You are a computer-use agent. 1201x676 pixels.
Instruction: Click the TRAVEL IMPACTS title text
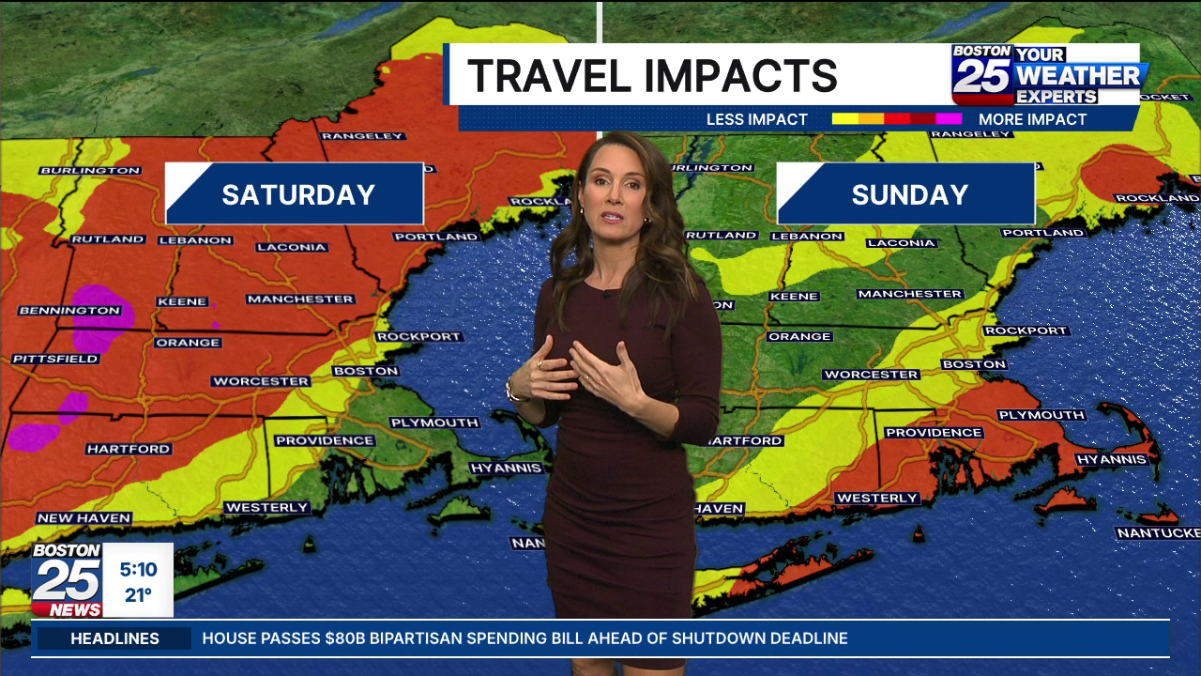[x=652, y=75]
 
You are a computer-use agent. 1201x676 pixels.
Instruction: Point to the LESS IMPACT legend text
[x=756, y=119]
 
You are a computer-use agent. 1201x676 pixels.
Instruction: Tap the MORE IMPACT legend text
[x=1032, y=119]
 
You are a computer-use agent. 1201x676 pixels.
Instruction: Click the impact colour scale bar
[x=896, y=119]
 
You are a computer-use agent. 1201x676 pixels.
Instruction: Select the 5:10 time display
[x=138, y=569]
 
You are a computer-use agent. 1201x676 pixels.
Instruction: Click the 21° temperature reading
[x=138, y=594]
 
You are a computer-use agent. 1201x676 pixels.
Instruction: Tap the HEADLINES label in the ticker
[x=114, y=638]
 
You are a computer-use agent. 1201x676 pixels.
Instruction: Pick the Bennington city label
[x=69, y=311]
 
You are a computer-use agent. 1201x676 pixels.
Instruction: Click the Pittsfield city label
[x=55, y=359]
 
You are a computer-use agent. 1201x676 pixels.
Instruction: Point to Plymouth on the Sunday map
[x=1041, y=415]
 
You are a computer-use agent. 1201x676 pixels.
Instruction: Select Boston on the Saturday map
[x=366, y=371]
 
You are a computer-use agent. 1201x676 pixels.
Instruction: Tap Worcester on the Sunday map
[x=871, y=375]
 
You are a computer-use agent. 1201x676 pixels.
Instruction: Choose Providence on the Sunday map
[x=933, y=433]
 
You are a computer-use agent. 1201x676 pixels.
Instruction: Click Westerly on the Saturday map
[x=266, y=507]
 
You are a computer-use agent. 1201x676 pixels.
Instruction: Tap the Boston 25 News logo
[x=67, y=579]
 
